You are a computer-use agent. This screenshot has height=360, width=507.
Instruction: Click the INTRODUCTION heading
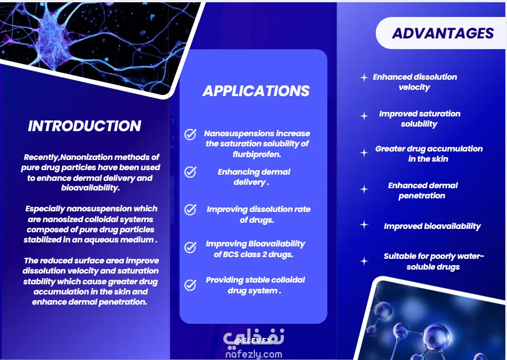tap(85, 126)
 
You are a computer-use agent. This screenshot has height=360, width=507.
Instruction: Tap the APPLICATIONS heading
tap(256, 91)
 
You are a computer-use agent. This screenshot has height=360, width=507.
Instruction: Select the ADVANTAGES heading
tap(443, 33)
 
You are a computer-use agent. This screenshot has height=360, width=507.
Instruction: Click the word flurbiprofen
tap(257, 154)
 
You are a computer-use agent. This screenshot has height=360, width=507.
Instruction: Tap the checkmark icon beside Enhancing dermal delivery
tap(190, 172)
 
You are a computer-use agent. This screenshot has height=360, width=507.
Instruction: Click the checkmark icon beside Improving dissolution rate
tap(190, 210)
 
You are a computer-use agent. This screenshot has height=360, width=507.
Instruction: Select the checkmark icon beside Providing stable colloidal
tap(190, 285)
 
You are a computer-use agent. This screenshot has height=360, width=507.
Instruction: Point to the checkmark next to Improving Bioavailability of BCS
tap(190, 247)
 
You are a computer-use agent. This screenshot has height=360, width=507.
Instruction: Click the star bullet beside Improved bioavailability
tap(364, 224)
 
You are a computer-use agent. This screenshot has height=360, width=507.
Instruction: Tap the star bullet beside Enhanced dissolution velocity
tap(364, 77)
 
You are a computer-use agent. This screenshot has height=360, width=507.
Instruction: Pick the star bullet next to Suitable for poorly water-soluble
tap(364, 261)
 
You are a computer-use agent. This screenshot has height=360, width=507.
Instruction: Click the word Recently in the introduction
tap(41, 157)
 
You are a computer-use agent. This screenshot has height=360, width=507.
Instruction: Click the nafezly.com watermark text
tap(254, 354)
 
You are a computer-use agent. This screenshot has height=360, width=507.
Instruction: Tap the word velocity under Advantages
tap(414, 87)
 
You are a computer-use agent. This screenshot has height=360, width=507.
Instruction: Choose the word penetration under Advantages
tap(422, 196)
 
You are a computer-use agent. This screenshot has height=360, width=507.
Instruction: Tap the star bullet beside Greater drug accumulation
tap(364, 153)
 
